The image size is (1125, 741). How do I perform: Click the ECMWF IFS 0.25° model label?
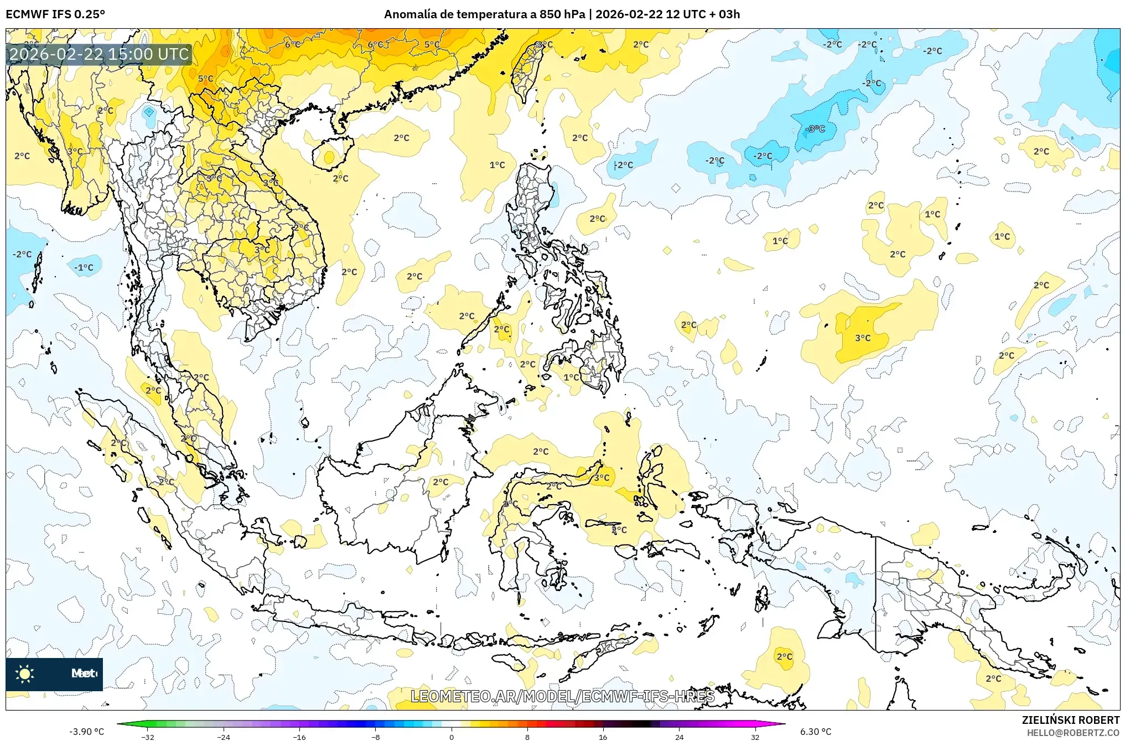click(55, 14)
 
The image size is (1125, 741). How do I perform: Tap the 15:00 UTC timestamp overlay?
click(99, 54)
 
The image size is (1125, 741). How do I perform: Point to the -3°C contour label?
click(816, 129)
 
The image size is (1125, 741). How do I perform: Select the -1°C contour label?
click(84, 268)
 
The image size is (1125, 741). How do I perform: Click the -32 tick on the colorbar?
click(148, 737)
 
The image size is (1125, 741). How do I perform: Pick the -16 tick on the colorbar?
click(299, 737)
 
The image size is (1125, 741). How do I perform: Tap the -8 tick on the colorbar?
click(376, 737)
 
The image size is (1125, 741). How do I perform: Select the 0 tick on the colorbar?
click(452, 737)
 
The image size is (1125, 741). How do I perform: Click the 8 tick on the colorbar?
click(527, 737)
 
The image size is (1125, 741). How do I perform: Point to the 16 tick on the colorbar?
click(603, 737)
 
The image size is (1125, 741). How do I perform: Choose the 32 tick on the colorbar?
click(755, 737)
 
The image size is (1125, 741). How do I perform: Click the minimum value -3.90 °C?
click(86, 732)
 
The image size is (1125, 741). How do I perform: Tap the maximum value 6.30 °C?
click(816, 732)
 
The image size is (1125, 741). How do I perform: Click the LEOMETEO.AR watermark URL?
click(562, 696)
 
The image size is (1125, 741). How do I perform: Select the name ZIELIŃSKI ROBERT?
click(1070, 720)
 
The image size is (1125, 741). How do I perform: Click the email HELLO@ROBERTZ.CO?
click(1073, 733)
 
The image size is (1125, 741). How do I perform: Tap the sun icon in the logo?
click(24, 673)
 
